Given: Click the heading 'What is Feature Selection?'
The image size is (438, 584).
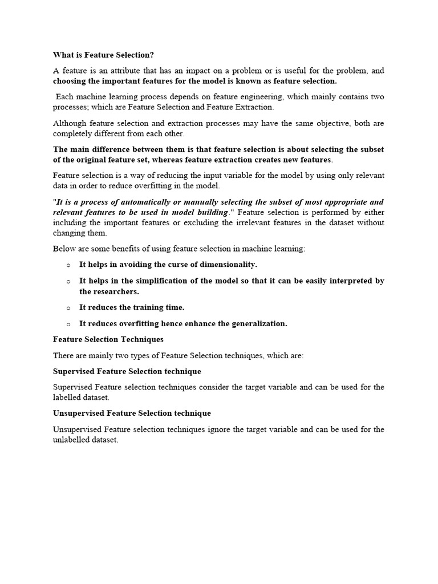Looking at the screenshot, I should [x=104, y=55].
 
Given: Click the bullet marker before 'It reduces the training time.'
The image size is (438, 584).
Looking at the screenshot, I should [x=68, y=308].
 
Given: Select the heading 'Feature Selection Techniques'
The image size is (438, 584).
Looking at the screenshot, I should [x=108, y=339].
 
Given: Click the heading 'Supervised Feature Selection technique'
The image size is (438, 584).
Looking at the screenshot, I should [x=127, y=371].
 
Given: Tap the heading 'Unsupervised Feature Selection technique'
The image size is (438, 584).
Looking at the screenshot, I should [x=132, y=413].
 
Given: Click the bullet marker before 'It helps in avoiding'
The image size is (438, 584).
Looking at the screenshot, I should [x=68, y=265].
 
